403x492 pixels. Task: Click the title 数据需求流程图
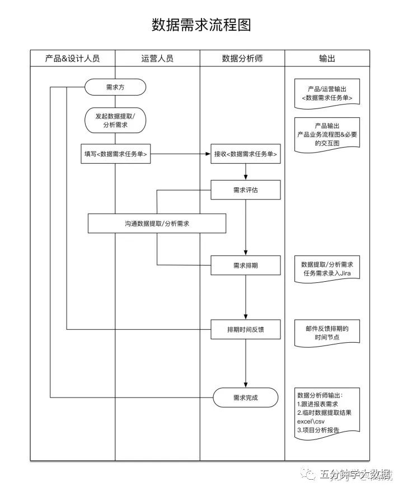coord(201,25)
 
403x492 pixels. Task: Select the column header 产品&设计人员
coord(72,59)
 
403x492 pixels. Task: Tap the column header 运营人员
coord(157,59)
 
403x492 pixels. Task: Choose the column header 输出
coord(327,59)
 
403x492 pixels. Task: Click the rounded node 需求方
coord(115,87)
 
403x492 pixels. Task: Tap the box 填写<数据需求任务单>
coord(115,154)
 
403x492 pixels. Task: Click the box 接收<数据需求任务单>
coord(246,154)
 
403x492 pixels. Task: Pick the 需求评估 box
coord(246,190)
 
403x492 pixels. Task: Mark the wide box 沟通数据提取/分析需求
coord(157,224)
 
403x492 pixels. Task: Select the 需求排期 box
coord(246,265)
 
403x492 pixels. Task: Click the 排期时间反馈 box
coord(246,329)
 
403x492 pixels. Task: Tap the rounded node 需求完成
coord(246,398)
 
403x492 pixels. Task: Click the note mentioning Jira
coord(327,268)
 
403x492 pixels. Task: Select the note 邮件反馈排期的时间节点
coord(327,333)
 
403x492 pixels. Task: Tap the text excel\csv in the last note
coord(311,421)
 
